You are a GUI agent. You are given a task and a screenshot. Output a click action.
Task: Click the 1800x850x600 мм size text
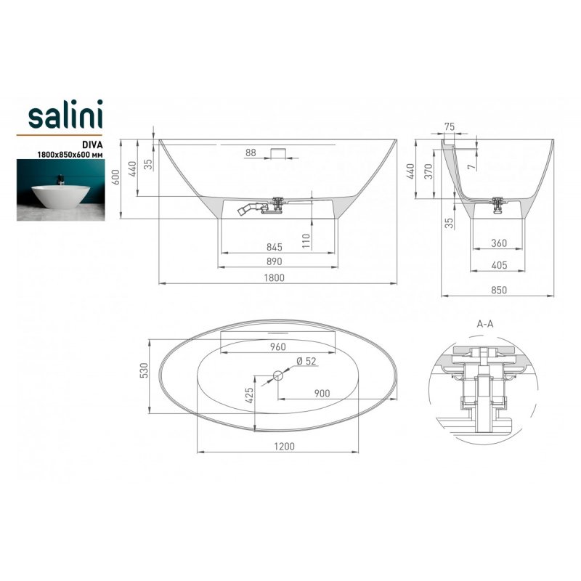click(70, 155)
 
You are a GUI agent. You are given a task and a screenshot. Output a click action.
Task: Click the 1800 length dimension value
click(275, 277)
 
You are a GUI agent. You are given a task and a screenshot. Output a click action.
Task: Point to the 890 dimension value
click(275, 261)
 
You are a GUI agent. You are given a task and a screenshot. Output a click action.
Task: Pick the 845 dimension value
click(275, 247)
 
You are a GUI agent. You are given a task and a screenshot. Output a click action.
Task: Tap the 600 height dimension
click(116, 177)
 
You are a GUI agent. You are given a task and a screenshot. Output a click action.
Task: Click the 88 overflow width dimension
click(251, 153)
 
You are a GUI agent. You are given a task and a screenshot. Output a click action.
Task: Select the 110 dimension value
click(306, 241)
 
